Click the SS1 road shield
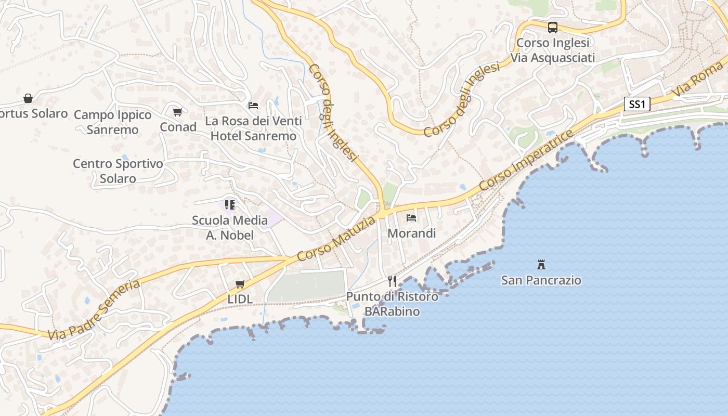point(637,105)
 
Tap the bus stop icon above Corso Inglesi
point(553,28)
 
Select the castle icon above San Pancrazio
point(541,265)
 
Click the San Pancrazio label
point(541,280)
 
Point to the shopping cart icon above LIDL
point(240,284)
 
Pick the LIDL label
point(240,299)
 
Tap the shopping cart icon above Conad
point(178,112)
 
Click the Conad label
point(178,127)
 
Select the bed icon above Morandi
point(411,217)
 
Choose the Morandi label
point(412,233)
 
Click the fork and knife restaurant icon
point(392,281)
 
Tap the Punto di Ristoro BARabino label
point(392,304)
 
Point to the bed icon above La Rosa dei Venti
point(253,106)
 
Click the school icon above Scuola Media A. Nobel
point(230,205)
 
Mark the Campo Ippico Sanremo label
point(113,122)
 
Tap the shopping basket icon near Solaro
point(28,98)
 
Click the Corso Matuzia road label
point(336,239)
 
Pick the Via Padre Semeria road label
point(94,310)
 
